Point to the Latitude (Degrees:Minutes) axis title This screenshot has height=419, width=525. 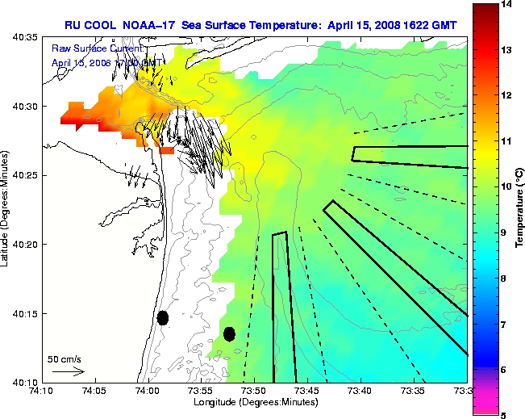pyautogui.click(x=7, y=209)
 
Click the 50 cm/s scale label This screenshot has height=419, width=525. pyautogui.click(x=63, y=358)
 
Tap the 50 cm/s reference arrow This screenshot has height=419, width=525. pyautogui.click(x=68, y=371)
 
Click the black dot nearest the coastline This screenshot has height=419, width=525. pyautogui.click(x=163, y=317)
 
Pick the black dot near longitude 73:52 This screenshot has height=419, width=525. pyautogui.click(x=229, y=333)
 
